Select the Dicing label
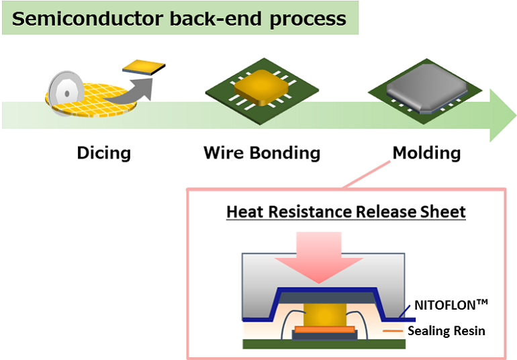103,152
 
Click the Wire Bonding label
262,152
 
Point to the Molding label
426,152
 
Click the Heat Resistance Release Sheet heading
346,212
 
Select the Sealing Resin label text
446,330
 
